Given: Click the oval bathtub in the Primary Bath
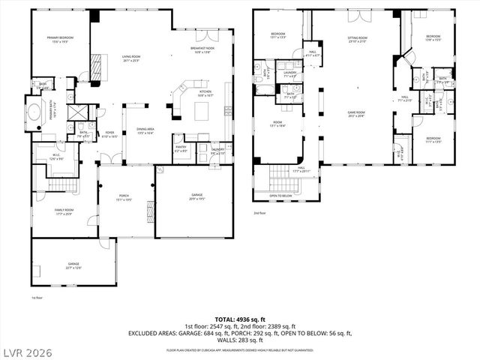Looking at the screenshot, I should tap(35, 115).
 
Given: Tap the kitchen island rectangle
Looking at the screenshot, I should tap(200, 111).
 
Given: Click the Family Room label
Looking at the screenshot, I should tap(64, 211).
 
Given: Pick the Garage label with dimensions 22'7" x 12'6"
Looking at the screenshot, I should tap(73, 265).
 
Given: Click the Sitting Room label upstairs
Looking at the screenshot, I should tap(357, 38).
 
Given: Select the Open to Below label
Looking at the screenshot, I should tap(282, 196).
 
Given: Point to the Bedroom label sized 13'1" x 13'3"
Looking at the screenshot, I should tap(277, 35).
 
